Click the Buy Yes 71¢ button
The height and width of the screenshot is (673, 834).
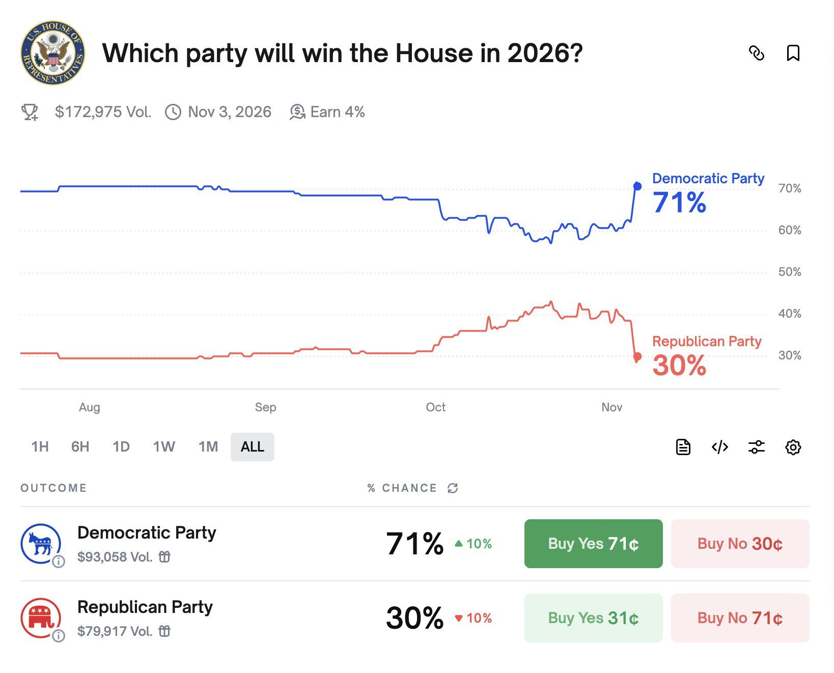(593, 544)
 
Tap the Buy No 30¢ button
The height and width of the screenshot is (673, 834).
(740, 544)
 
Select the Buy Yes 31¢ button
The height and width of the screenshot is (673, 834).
(593, 618)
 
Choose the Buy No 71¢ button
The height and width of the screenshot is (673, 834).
(740, 618)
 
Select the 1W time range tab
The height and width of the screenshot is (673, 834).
(164, 447)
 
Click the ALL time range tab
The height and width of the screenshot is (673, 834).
(252, 447)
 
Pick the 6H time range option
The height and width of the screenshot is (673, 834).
(80, 447)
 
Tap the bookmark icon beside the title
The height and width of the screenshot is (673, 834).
(793, 53)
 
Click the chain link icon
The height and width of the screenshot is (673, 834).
(757, 53)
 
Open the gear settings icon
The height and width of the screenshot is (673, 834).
(793, 447)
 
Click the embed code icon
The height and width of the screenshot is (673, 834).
(719, 447)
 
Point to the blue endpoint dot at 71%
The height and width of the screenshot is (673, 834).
(637, 186)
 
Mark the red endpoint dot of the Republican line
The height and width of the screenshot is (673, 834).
(637, 356)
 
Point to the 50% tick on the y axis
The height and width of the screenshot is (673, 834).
(789, 272)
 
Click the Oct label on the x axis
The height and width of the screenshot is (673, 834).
(435, 407)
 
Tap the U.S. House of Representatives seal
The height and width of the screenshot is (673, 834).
(53, 53)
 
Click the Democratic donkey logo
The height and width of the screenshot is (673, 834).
(41, 544)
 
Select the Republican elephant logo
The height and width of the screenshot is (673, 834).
(41, 618)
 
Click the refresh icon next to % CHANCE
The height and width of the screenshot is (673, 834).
(453, 488)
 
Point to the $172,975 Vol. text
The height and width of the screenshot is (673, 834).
(103, 112)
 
